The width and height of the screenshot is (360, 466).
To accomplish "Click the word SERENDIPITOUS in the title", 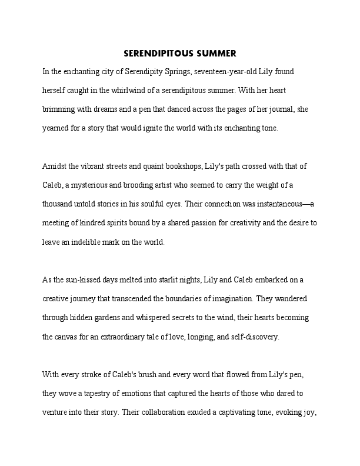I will [x=157, y=54].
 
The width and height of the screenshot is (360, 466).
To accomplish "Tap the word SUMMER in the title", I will [x=215, y=54].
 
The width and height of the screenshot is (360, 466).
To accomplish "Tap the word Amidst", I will [x=55, y=167].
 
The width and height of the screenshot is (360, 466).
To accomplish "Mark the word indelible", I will [x=96, y=242].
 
